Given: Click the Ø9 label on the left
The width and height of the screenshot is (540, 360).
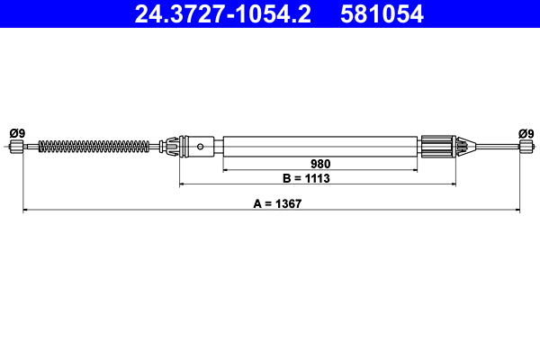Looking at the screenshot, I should point(17,133).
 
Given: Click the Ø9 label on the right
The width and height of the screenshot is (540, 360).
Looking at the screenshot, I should point(526,133).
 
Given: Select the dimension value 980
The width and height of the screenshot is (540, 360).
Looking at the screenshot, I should point(321,164).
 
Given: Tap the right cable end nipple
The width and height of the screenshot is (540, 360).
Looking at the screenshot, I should point(526,147).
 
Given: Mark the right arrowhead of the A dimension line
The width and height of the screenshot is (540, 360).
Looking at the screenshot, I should point(517,211).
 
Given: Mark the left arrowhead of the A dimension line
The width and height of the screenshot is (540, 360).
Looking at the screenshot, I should point(25,211).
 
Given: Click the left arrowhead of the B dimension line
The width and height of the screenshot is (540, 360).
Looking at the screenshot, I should point(184,184).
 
